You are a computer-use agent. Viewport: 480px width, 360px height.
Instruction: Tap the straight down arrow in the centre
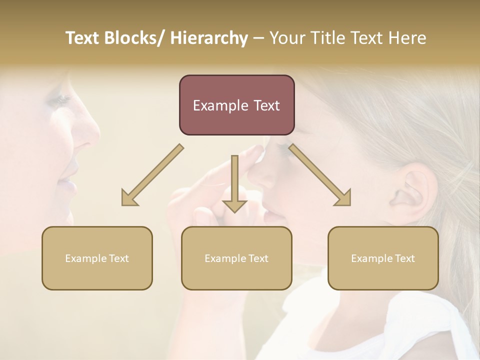coord(234,185)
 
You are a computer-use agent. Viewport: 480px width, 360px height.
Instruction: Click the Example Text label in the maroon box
coord(236,105)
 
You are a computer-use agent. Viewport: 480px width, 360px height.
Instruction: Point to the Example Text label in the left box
coord(97,258)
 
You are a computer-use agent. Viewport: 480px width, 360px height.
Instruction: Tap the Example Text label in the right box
coord(383,258)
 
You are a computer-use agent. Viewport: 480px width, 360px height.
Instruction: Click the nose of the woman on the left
coord(87,132)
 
